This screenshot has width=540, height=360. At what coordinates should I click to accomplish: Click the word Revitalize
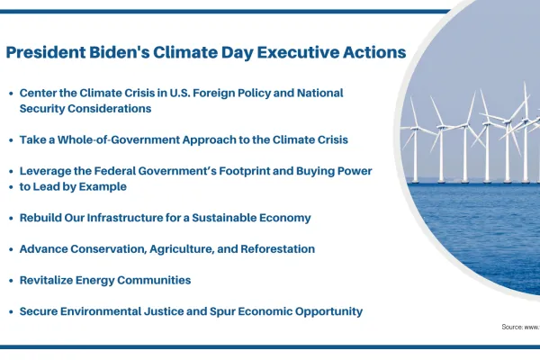[50, 280]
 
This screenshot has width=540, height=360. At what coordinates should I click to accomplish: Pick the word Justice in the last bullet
[170, 311]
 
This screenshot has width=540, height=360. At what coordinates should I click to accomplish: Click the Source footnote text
[520, 327]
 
